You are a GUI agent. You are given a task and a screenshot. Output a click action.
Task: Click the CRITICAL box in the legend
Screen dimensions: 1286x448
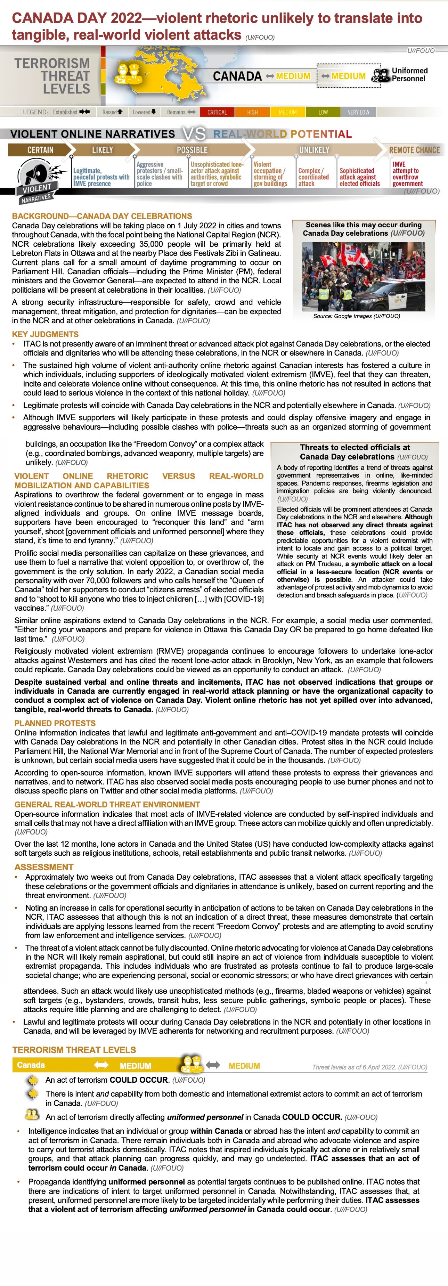[x=217, y=112]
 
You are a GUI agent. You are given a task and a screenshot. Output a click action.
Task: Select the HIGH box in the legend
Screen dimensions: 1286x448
[x=252, y=112]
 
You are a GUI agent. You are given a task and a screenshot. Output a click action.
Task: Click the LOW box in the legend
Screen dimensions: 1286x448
[x=323, y=112]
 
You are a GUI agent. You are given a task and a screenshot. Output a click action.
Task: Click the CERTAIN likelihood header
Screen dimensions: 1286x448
[x=40, y=150]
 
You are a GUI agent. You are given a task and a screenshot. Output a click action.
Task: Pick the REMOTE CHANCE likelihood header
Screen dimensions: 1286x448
[x=414, y=150]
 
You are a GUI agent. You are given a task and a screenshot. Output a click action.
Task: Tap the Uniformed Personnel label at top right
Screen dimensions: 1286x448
[x=409, y=74]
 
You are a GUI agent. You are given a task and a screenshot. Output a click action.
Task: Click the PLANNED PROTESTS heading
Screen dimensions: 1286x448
[x=55, y=723]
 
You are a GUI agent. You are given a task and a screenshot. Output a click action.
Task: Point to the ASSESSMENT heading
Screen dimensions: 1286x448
[x=44, y=867]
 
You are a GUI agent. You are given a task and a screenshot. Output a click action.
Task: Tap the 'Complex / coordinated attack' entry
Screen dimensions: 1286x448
[x=313, y=177]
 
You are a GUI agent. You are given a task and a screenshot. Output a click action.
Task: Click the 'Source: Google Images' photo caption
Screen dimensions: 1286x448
[x=357, y=316]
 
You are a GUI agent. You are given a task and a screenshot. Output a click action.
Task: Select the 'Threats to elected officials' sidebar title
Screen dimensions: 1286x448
[x=355, y=452]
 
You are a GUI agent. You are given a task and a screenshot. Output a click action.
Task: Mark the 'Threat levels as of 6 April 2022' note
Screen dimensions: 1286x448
[x=369, y=1067]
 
